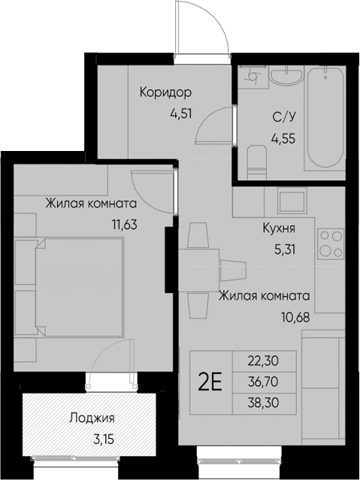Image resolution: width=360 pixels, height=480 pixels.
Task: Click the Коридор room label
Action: (166, 92)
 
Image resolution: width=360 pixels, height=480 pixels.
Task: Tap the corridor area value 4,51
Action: (181, 113)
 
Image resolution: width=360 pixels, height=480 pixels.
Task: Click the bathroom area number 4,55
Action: (283, 139)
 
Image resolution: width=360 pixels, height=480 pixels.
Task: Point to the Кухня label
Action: (279, 228)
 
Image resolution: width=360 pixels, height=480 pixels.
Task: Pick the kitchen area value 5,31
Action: (284, 250)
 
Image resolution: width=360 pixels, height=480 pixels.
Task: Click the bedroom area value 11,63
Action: (125, 225)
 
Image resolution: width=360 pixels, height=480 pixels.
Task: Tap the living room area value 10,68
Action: (295, 317)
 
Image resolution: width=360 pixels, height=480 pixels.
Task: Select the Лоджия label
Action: (92, 418)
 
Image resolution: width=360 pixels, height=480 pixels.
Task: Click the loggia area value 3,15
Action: (104, 439)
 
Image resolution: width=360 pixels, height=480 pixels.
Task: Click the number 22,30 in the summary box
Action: (264, 361)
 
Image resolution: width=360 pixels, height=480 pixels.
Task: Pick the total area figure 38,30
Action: (264, 403)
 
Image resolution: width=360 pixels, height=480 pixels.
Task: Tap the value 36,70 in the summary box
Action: (264, 382)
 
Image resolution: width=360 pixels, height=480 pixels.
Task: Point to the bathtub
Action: (325, 118)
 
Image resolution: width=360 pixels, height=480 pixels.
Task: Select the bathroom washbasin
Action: (286, 75)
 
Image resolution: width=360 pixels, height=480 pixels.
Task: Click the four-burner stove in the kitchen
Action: (330, 243)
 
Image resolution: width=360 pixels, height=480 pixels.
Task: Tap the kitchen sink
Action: (292, 201)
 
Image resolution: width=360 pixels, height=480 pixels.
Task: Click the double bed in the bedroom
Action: (80, 286)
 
